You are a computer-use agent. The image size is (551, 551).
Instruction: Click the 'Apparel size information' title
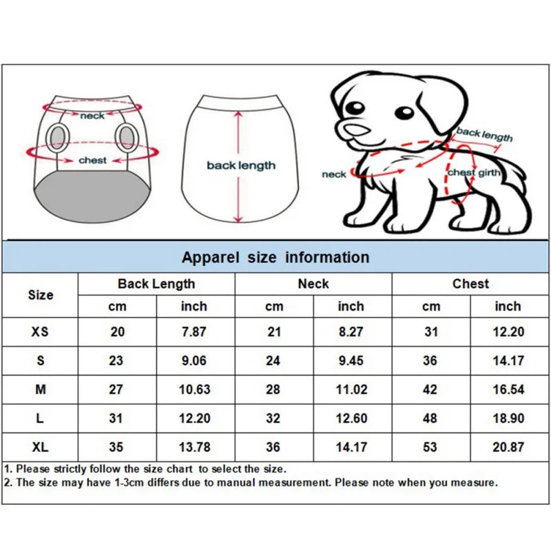(275, 258)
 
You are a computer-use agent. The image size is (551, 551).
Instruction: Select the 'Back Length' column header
(156, 284)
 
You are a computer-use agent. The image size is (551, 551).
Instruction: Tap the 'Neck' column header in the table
(313, 284)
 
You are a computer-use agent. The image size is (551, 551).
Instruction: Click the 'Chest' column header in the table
(470, 284)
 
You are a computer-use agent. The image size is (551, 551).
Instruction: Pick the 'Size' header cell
(40, 295)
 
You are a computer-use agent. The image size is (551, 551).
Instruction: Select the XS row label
(40, 332)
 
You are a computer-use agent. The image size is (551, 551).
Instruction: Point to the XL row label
(40, 447)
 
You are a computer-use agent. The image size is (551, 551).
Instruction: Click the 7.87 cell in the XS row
(194, 332)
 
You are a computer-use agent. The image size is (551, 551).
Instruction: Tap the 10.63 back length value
(194, 390)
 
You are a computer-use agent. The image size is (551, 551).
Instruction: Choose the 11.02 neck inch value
(351, 390)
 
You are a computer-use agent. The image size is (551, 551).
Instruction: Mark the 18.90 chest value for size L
(508, 418)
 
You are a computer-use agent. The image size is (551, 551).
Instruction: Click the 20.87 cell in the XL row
(508, 447)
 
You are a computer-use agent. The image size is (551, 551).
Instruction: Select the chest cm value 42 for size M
(430, 390)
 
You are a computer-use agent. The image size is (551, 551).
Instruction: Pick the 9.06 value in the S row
(194, 361)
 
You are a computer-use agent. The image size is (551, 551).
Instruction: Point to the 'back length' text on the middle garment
(241, 165)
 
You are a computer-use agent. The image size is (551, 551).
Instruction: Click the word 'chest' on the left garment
(92, 160)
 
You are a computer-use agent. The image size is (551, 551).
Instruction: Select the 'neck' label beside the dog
(334, 174)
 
